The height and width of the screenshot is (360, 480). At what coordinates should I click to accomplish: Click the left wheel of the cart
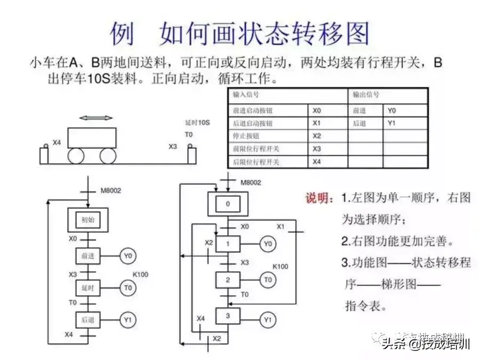[x=76, y=156]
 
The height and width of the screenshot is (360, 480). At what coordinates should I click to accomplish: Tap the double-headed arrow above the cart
[x=95, y=118]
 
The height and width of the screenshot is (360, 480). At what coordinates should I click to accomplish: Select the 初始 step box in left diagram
[x=88, y=219]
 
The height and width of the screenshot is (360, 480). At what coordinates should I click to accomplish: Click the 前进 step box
[x=88, y=256]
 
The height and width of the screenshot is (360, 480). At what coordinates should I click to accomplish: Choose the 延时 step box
[x=88, y=288]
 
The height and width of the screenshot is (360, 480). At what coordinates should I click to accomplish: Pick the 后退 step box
[x=88, y=320]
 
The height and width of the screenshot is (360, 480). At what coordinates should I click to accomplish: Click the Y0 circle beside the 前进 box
[x=128, y=256]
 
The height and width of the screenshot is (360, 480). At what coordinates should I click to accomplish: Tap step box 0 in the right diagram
[x=228, y=204]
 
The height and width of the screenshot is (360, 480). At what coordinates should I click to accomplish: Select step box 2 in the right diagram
[x=228, y=279]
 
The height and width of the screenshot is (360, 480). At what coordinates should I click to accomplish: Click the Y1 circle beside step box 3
[x=268, y=320]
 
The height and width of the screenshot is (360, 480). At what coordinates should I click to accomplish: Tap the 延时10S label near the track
[x=197, y=123]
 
